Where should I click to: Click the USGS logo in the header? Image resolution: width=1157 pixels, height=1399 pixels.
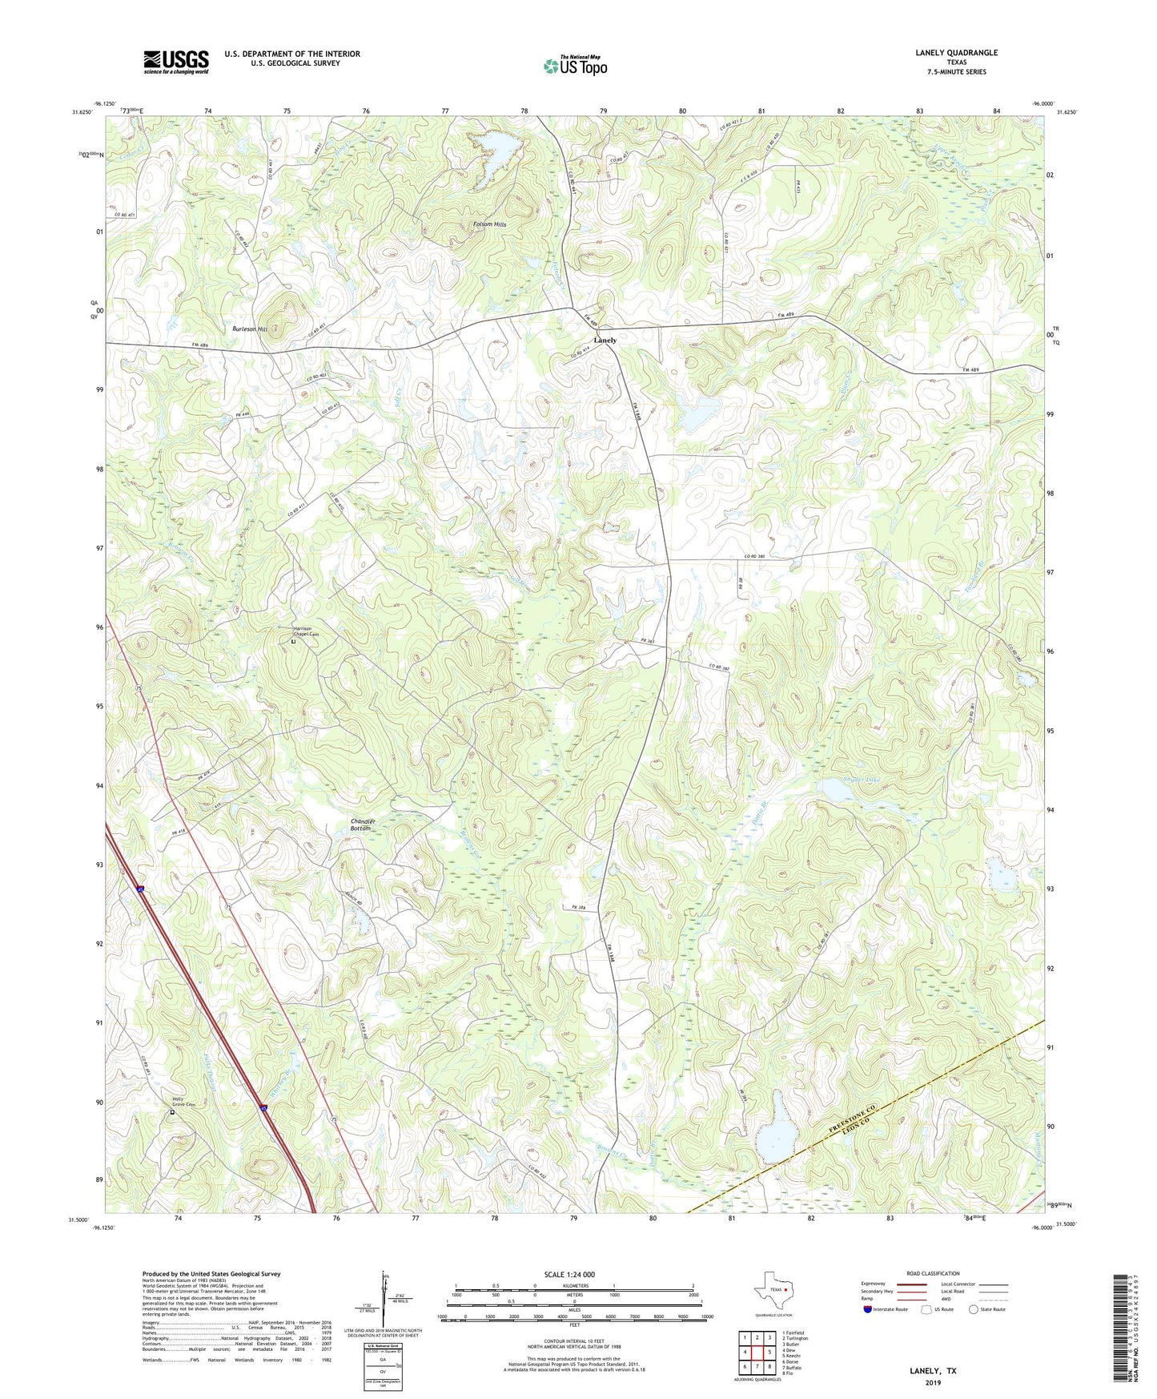[175, 62]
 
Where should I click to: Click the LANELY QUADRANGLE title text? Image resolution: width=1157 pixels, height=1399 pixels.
[956, 53]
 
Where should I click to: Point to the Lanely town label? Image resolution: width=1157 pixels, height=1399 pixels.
[605, 340]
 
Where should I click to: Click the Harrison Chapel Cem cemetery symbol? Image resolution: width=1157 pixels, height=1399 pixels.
[294, 642]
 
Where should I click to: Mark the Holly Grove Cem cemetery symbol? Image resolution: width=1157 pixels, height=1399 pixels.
[171, 1112]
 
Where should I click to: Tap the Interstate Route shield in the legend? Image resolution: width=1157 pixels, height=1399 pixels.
[869, 1309]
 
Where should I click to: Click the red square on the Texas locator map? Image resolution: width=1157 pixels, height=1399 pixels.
[785, 1290]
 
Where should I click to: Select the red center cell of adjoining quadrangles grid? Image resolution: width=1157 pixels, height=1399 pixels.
[757, 1352]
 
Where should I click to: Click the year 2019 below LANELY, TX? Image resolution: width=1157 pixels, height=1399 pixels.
[933, 1382]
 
